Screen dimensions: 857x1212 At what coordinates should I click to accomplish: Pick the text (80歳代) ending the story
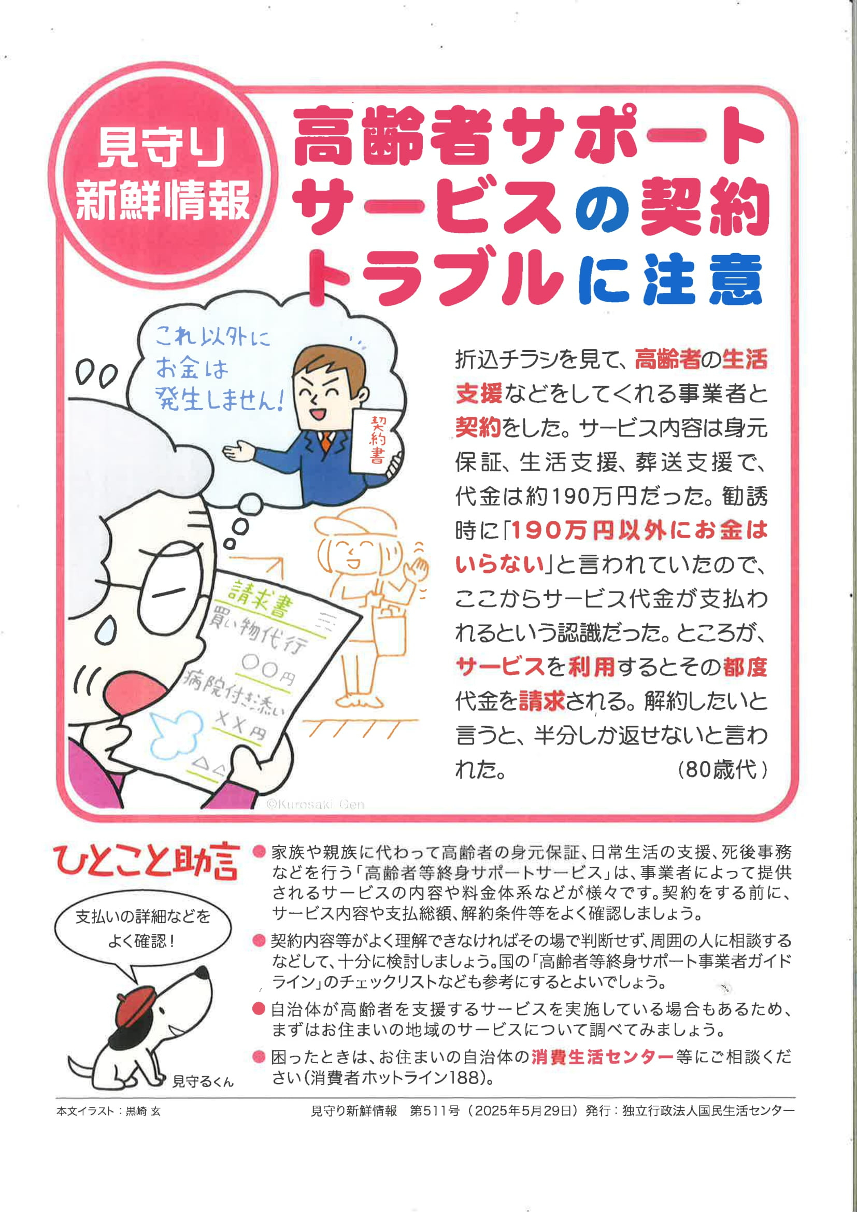pyautogui.click(x=721, y=770)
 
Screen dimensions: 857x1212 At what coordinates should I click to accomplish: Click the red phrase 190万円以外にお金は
pyautogui.click(x=639, y=530)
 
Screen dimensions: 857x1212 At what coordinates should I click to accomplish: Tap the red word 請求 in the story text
pyautogui.click(x=541, y=701)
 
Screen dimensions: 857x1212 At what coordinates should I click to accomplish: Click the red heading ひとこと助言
pyautogui.click(x=146, y=861)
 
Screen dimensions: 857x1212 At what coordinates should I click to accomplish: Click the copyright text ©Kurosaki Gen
pyautogui.click(x=315, y=805)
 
